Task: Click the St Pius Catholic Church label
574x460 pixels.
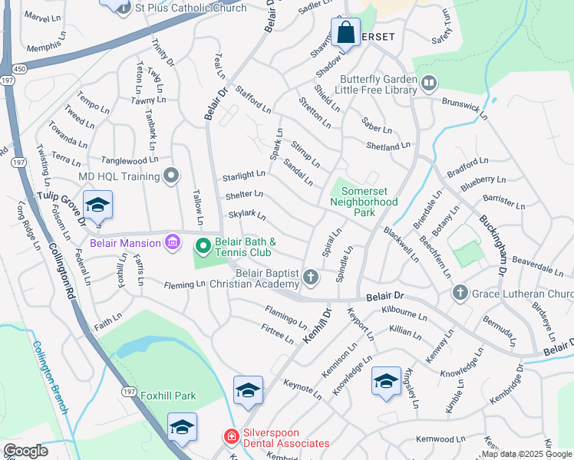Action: pyautogui.click(x=190, y=8)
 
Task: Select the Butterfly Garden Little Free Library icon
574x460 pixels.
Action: pyautogui.click(x=428, y=81)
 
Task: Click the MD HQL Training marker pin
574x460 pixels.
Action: pyautogui.click(x=171, y=176)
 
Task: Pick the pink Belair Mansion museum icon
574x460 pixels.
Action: pyautogui.click(x=172, y=243)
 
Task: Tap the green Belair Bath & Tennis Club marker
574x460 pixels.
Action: pyautogui.click(x=203, y=246)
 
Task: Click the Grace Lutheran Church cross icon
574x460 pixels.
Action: pyautogui.click(x=460, y=293)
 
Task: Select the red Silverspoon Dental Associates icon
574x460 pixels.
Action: pyautogui.click(x=230, y=436)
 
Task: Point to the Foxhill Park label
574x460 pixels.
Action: pyautogui.click(x=168, y=396)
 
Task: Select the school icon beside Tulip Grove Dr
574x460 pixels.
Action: pyautogui.click(x=97, y=206)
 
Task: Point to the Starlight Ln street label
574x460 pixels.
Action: pyautogui.click(x=243, y=177)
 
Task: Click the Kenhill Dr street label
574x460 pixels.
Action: pyautogui.click(x=315, y=327)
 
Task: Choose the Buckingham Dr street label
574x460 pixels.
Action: pyautogui.click(x=492, y=245)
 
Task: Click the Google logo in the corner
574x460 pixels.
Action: pyautogui.click(x=25, y=451)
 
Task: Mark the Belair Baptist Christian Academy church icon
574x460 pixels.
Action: pyautogui.click(x=310, y=277)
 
